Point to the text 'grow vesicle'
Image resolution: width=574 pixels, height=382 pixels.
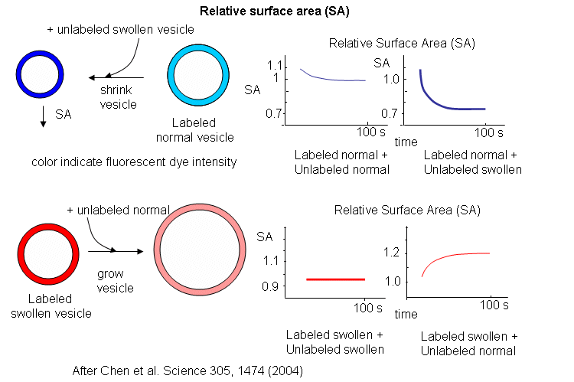tap(116, 280)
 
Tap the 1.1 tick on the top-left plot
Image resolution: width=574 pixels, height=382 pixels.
tap(273, 66)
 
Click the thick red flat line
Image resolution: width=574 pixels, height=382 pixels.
tap(335, 279)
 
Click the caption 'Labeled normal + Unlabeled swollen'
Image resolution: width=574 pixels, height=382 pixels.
tap(471, 162)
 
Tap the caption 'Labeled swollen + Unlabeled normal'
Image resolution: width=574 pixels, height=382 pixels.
tap(468, 344)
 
